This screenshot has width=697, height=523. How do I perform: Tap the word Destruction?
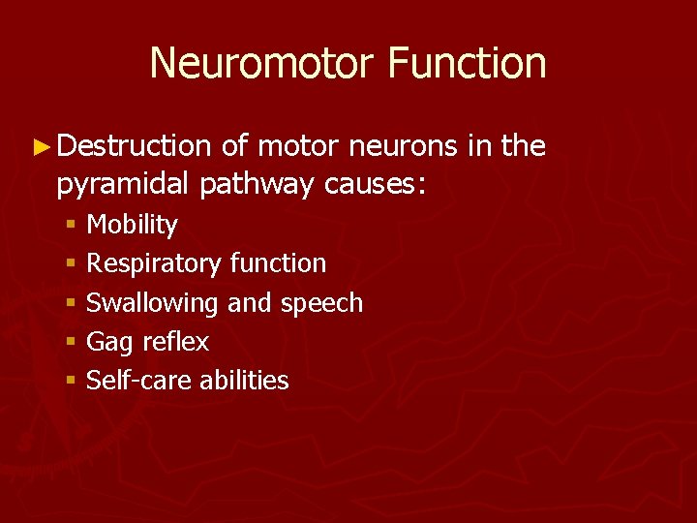point(134,146)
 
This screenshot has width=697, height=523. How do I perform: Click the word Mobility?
point(132,226)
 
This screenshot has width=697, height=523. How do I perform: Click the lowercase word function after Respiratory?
point(278,263)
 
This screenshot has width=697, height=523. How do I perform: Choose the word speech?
point(321,303)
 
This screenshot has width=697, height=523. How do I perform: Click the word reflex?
point(175,342)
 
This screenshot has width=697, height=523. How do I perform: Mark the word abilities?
point(244,381)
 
